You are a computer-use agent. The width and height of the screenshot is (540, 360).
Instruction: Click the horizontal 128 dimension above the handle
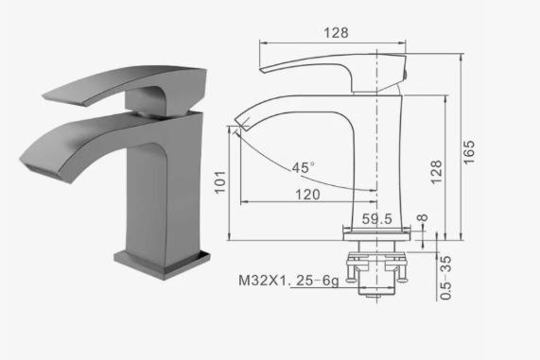(x=336, y=33)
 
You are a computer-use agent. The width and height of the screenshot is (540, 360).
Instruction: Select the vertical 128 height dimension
(x=436, y=172)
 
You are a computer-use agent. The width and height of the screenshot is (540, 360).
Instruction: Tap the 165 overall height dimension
(x=468, y=152)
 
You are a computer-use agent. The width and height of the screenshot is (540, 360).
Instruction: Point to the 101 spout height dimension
(x=220, y=182)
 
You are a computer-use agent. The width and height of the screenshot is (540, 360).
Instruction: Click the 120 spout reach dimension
(x=308, y=195)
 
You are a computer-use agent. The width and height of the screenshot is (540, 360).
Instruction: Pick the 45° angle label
(x=303, y=167)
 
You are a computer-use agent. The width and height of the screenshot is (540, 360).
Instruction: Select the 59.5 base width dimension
(x=377, y=219)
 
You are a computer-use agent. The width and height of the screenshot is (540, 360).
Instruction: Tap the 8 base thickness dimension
(x=422, y=217)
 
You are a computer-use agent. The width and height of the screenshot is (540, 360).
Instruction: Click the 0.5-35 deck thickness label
(x=445, y=278)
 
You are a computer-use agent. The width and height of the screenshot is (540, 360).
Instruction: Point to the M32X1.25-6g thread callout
(x=289, y=281)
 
